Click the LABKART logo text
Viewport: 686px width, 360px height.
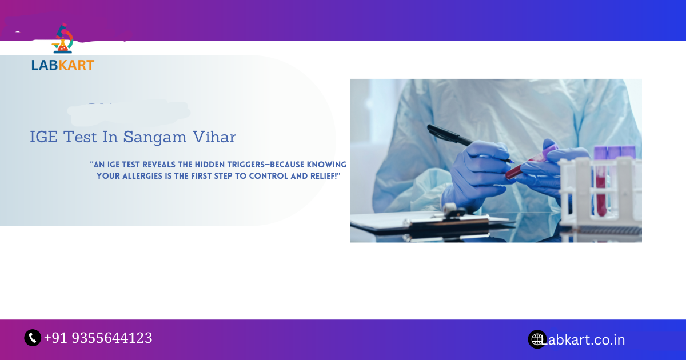(63, 65)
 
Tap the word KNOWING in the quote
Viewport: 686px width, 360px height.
(327, 165)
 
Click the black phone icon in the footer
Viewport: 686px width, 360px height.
(33, 338)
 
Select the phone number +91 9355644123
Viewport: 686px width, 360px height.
(98, 338)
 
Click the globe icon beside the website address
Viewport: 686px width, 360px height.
(537, 339)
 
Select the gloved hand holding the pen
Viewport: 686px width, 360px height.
(477, 171)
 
